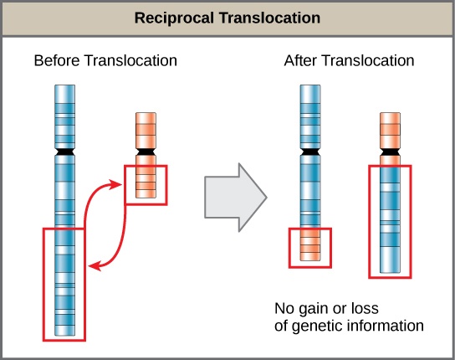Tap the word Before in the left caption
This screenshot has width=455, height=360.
point(54,61)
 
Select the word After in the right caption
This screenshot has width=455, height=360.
point(303,61)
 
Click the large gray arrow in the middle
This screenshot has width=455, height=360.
point(235,199)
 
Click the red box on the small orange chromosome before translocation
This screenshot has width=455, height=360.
point(146,183)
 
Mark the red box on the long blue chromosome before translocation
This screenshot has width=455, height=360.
point(64,282)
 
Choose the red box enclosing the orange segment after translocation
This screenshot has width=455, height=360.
point(310,248)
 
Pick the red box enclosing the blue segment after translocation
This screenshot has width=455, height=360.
point(391,222)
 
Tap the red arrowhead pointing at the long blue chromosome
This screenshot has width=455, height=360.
point(95,266)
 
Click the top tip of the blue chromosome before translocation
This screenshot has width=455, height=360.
point(64,85)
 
